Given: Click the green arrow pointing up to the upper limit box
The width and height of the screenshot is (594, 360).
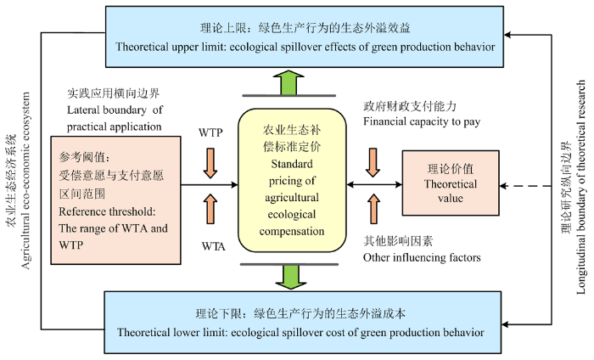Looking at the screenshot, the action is click(x=289, y=82).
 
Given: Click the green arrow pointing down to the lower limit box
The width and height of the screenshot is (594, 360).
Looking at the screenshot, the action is click(x=290, y=277).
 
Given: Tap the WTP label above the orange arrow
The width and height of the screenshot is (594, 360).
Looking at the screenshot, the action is click(x=210, y=132).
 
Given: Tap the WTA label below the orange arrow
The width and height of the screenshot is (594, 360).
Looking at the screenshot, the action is click(x=214, y=247).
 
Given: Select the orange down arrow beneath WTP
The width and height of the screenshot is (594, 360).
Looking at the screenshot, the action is click(x=210, y=163).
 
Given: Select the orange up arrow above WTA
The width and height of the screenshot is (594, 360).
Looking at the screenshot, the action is click(x=210, y=209).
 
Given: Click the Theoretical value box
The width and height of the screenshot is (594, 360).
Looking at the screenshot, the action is click(x=451, y=183).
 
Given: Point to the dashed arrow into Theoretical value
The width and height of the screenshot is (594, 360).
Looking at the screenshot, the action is click(x=525, y=186).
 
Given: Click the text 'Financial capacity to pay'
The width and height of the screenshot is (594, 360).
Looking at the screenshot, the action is click(x=422, y=121).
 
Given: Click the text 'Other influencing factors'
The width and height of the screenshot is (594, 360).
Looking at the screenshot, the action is click(x=422, y=257).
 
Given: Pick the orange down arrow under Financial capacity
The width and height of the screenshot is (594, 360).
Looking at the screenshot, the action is click(x=373, y=162).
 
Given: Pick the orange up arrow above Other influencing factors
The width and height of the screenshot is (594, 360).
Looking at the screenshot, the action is click(x=373, y=208).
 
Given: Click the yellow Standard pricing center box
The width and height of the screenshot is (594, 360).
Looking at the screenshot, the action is click(x=292, y=180).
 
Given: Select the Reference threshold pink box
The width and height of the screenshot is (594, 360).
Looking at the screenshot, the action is click(x=115, y=200).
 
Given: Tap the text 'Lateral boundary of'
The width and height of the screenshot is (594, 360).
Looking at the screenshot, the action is click(x=115, y=110).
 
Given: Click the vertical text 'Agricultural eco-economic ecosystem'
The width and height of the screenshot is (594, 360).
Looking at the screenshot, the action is click(x=25, y=180).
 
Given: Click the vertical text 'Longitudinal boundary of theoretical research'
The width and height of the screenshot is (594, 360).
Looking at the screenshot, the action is click(x=580, y=187).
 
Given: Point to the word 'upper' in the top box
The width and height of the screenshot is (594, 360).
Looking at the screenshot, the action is click(x=185, y=48).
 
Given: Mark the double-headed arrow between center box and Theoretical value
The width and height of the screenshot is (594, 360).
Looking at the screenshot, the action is click(x=374, y=184).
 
